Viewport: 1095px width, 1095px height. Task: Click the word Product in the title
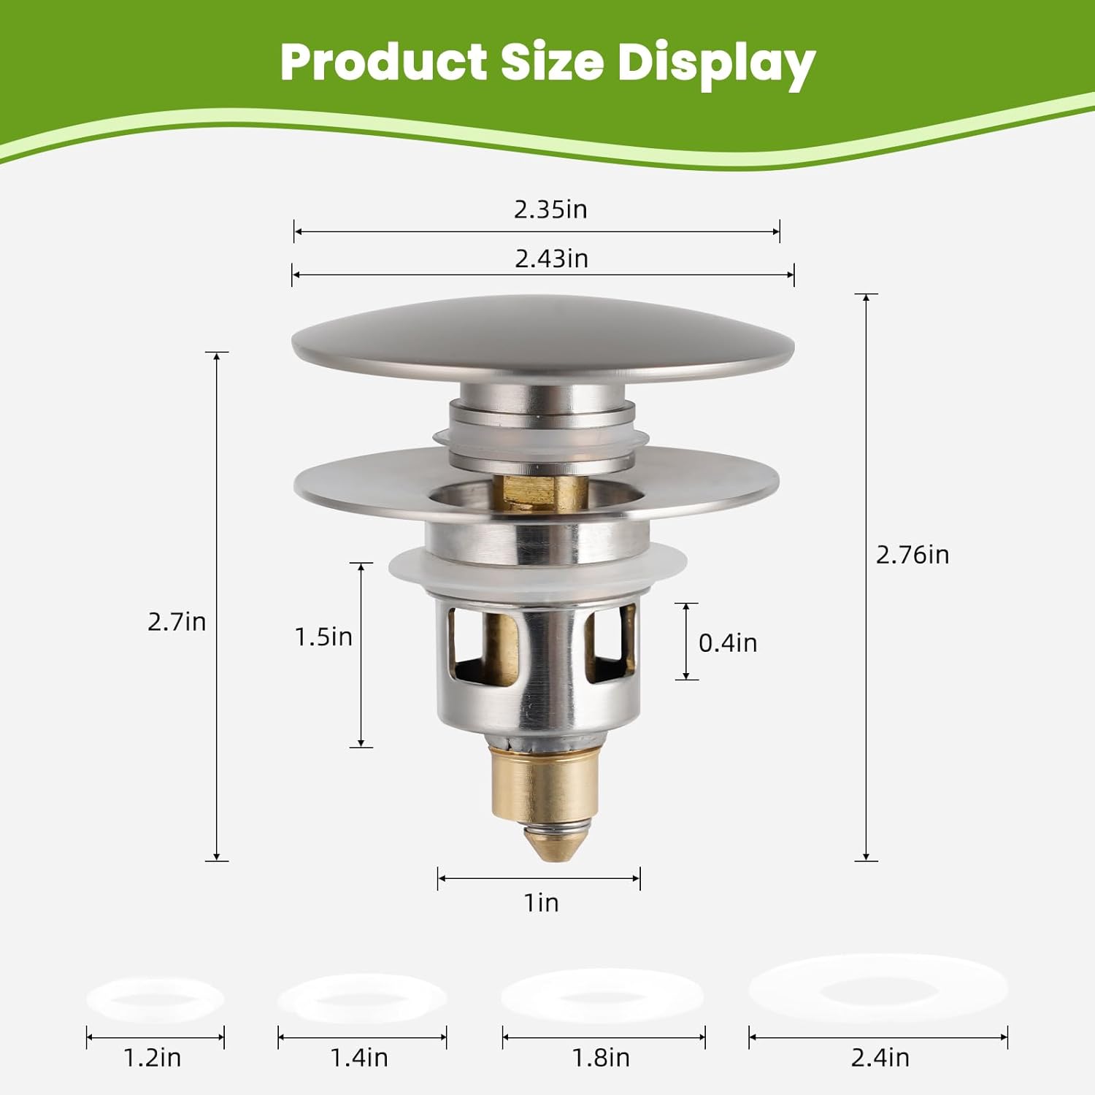(x=383, y=63)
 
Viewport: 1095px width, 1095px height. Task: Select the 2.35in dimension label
(x=550, y=210)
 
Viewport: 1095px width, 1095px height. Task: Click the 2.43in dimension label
(x=551, y=258)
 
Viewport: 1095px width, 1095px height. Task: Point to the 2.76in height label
(x=912, y=555)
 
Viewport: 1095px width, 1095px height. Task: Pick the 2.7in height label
(x=177, y=622)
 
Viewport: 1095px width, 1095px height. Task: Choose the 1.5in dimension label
(x=323, y=637)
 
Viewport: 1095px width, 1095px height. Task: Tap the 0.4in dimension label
(x=728, y=643)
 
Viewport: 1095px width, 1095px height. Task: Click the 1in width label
(x=542, y=903)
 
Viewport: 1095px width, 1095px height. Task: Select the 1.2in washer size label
(x=153, y=1058)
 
